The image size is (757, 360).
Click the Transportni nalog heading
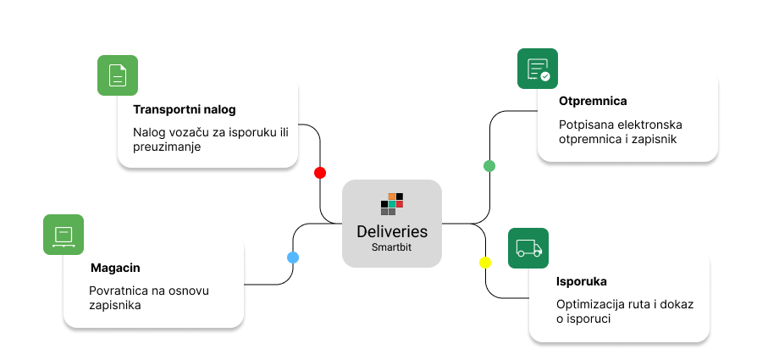pos(184,109)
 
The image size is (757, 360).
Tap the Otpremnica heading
pos(593,102)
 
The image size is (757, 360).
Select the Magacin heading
pos(115,268)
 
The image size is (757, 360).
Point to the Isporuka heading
pos(582,281)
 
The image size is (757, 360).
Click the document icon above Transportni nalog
pos(117,75)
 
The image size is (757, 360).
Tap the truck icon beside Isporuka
pos(528,248)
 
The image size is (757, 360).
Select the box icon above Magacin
pos(64,235)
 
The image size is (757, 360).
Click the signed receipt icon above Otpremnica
pos(538,69)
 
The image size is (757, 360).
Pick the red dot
pos(320,173)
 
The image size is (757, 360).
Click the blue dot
pos(293,257)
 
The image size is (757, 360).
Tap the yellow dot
pos(485,263)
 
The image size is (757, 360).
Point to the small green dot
pos(489,165)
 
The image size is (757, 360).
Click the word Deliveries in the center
pos(392,231)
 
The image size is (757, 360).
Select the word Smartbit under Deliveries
pos(392,247)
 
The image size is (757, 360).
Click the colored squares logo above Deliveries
pos(392,204)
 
